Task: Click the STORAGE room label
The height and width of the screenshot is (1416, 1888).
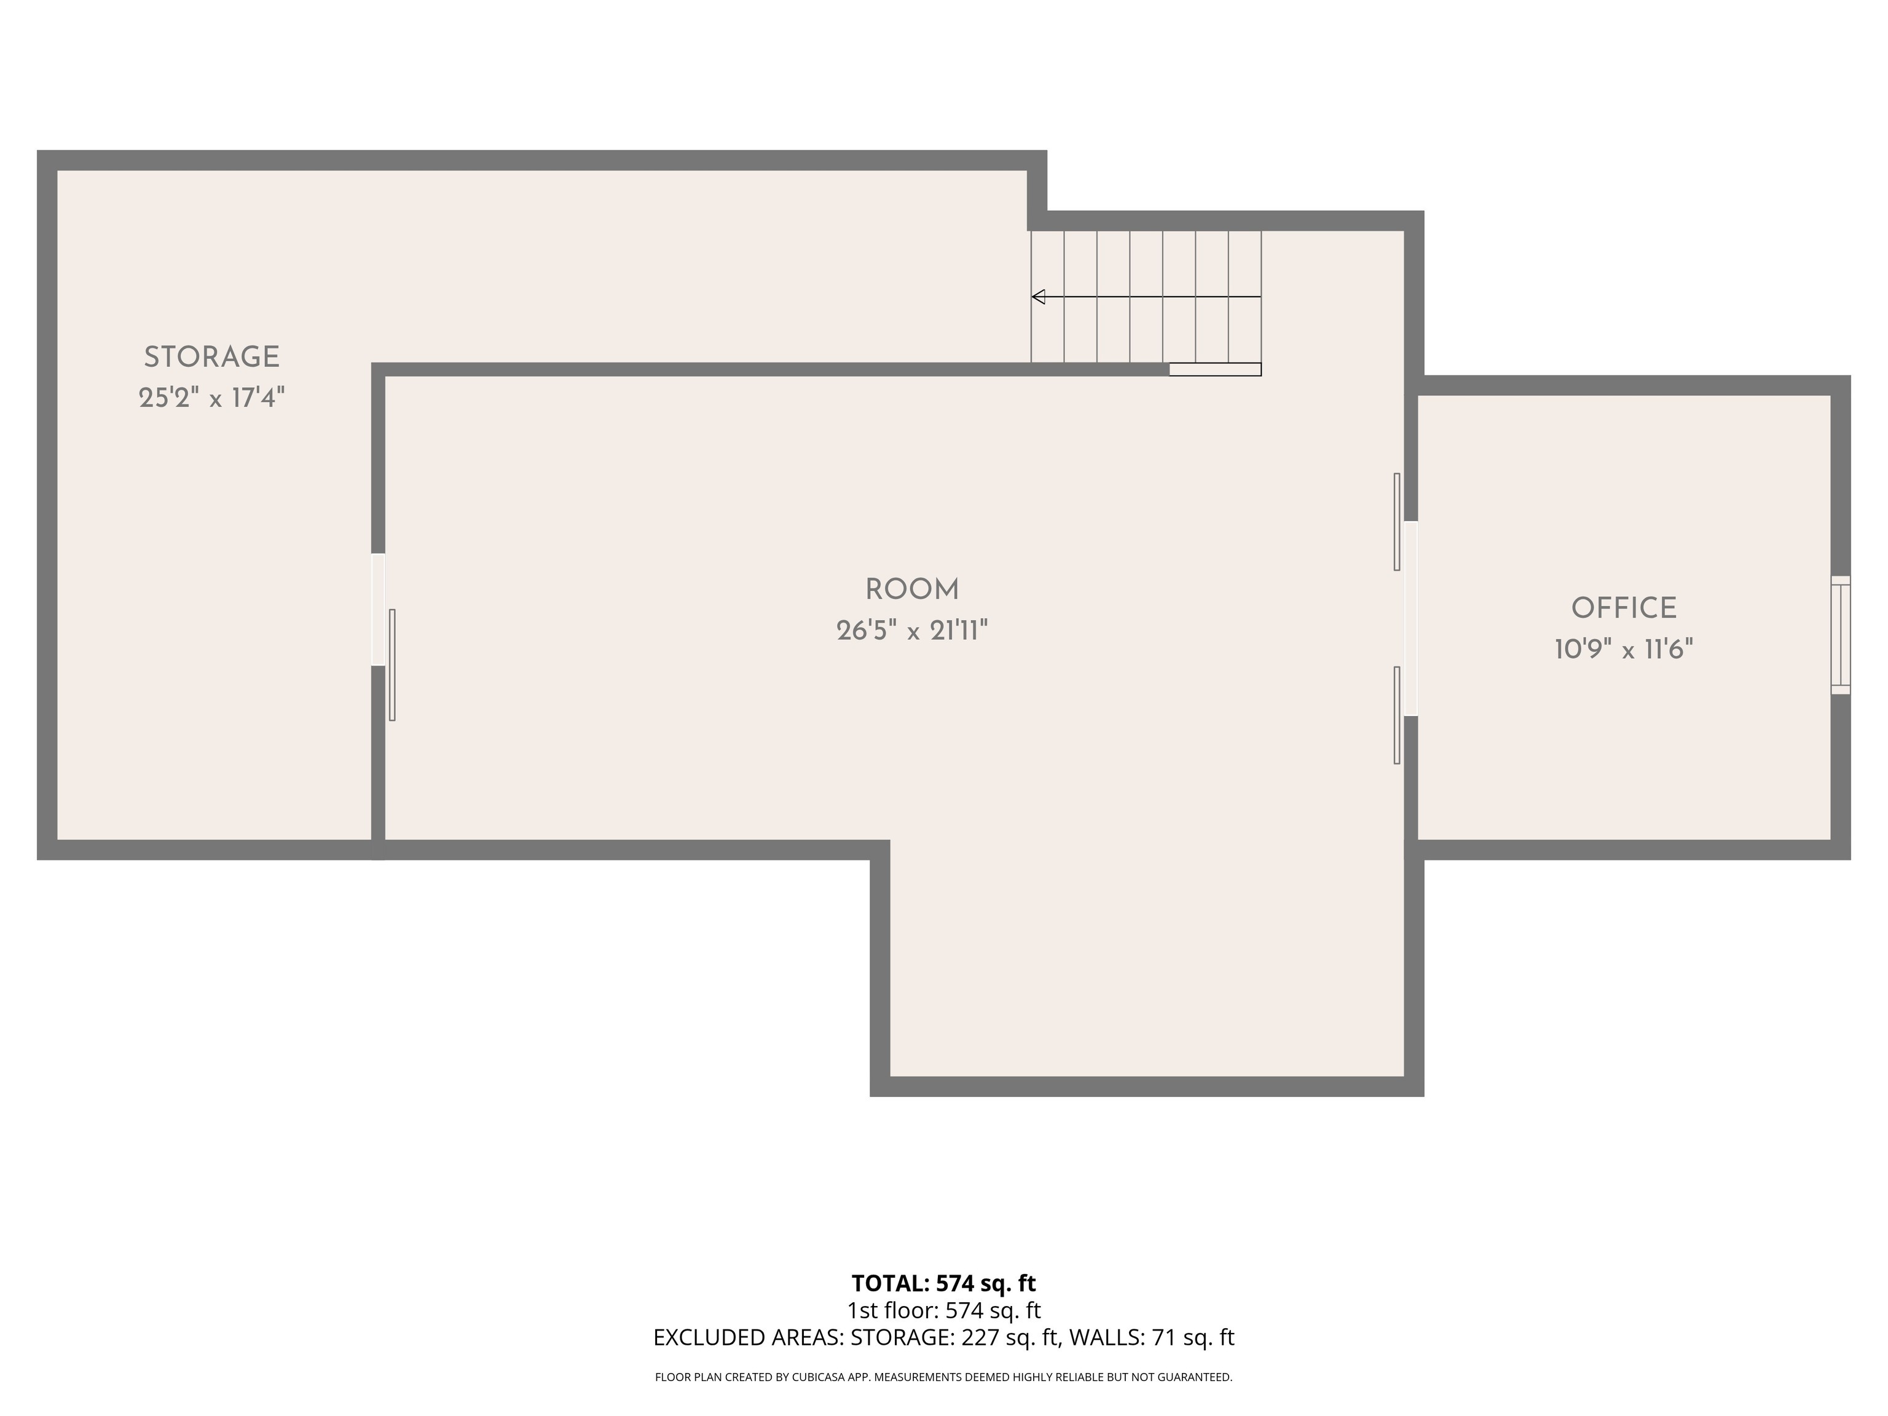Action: pos(211,357)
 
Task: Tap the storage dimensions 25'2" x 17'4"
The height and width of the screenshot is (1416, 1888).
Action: pos(211,398)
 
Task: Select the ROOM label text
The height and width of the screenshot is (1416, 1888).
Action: pos(911,589)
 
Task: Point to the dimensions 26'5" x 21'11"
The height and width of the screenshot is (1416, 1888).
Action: pos(911,631)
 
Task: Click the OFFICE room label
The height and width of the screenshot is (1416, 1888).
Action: pos(1623,608)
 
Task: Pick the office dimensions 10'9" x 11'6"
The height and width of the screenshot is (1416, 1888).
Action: pos(1623,650)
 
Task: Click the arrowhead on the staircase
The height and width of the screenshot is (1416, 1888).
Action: pos(1039,297)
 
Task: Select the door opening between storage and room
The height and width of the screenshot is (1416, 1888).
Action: pos(378,610)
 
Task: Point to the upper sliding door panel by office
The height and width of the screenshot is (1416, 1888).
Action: pos(1397,522)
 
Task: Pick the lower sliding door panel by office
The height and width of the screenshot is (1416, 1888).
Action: pos(1397,715)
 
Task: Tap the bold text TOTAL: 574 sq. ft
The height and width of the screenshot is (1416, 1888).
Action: pos(943,1283)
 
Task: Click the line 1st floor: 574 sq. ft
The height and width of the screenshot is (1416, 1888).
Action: pos(943,1310)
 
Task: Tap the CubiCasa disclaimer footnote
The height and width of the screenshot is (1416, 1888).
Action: pos(943,1377)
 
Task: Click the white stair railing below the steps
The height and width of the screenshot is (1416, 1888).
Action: pos(1214,369)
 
